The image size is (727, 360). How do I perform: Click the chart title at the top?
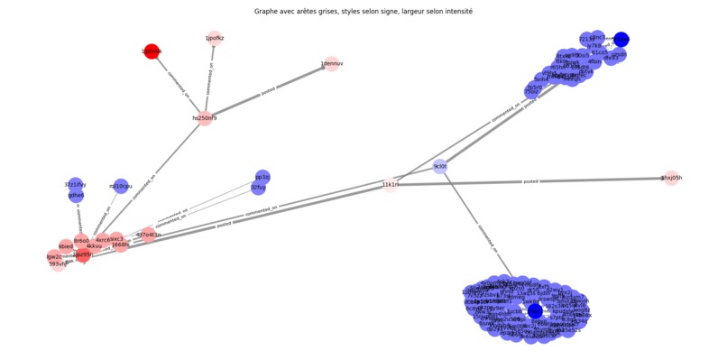coord(363,12)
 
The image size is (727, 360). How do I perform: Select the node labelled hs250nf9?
coord(205,118)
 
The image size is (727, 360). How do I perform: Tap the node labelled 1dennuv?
coord(332,64)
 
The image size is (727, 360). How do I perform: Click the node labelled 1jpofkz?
coord(215,38)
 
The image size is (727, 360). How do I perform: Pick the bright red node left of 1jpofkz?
coord(152,51)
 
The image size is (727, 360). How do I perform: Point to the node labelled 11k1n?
coord(390,185)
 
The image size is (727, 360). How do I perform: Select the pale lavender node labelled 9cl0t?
coord(440,167)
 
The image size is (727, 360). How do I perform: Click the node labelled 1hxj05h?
coord(671,179)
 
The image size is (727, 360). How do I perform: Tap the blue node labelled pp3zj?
coord(262,177)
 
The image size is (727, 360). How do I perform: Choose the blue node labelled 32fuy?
coord(258,188)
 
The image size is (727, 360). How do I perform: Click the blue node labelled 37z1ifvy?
coord(76,184)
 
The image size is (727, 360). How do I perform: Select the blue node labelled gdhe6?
coord(76,195)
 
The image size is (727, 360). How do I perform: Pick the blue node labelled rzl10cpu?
coord(121,186)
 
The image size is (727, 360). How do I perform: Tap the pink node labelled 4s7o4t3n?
coord(148,235)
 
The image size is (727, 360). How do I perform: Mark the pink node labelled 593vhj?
coord(59,264)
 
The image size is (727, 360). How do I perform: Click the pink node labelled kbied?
coord(66,246)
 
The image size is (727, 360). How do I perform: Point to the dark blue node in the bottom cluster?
coord(535,311)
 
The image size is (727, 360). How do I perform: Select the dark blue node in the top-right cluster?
coord(621,39)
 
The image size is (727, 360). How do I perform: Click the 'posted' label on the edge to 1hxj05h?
coord(531,181)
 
